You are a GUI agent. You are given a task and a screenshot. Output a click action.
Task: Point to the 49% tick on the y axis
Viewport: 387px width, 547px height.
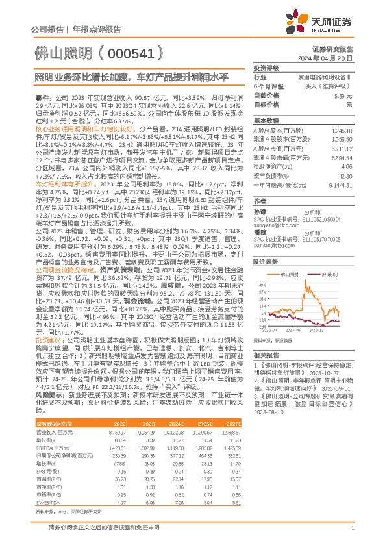click(x=262, y=285)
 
